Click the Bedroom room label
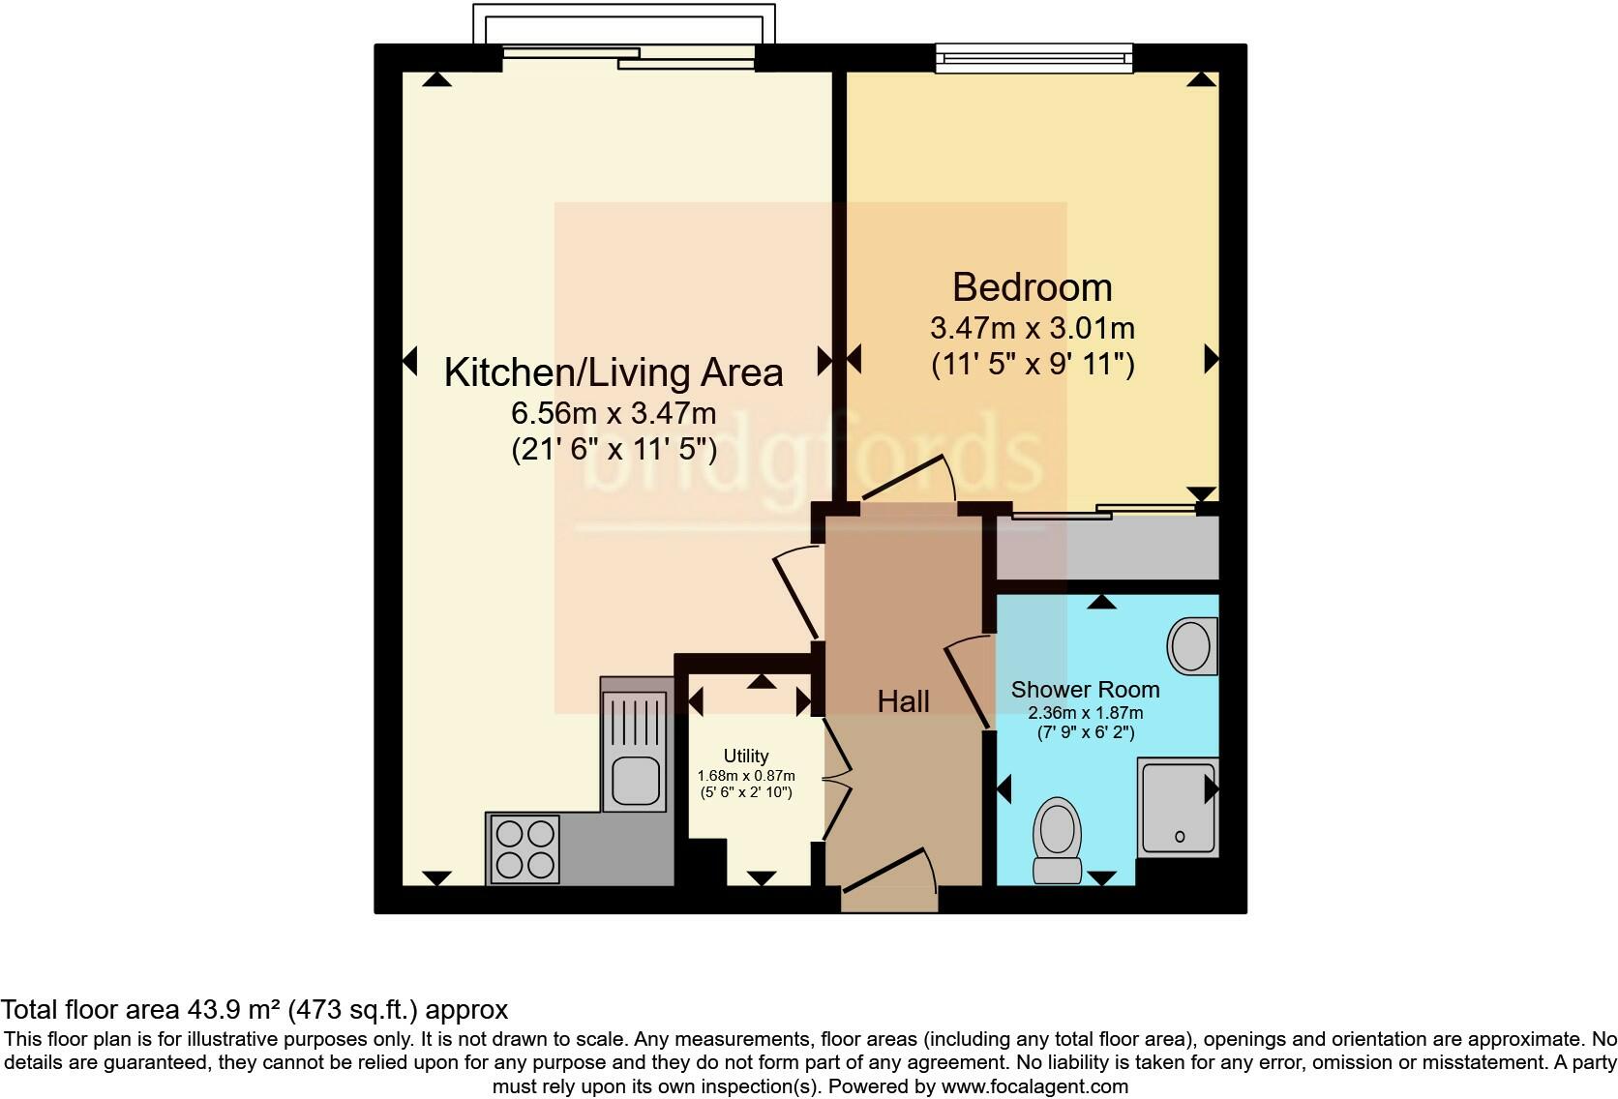point(1032,287)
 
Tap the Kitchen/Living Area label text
point(613,372)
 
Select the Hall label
point(903,701)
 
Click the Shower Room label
point(1085,690)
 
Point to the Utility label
point(746,756)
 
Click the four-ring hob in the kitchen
point(524,848)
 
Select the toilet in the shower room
point(1057,839)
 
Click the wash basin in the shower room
point(1191,646)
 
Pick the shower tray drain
point(1180,836)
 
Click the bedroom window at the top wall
point(1034,58)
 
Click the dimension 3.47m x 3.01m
point(1032,328)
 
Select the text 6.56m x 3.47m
point(613,414)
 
